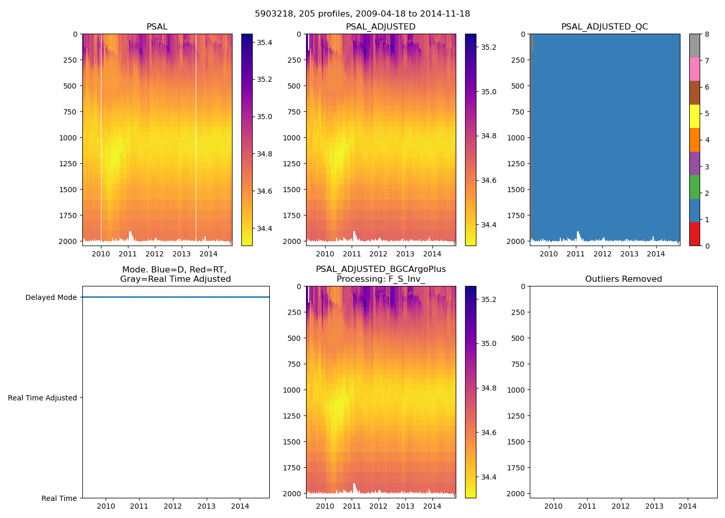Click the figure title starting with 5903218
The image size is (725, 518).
[x=363, y=14]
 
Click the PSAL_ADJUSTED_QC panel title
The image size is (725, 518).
[x=604, y=26]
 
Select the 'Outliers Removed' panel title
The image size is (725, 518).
[x=623, y=279]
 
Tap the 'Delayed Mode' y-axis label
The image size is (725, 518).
[x=51, y=297]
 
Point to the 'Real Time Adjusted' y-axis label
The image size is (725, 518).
[x=42, y=398]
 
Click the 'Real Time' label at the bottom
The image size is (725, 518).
[x=59, y=498]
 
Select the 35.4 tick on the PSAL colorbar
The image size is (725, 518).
[x=265, y=42]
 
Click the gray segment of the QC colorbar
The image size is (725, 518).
[x=694, y=46]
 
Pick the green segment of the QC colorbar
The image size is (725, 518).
[x=694, y=186]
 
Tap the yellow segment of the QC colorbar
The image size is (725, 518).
[x=694, y=116]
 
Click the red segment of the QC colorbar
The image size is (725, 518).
[x=694, y=234]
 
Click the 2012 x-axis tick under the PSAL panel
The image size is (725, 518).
[x=154, y=254]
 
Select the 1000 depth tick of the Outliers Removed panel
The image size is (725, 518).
[x=516, y=390]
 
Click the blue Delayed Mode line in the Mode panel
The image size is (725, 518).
[x=176, y=297]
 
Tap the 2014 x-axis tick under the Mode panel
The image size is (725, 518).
[x=240, y=506]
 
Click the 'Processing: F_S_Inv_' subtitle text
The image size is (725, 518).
[x=381, y=279]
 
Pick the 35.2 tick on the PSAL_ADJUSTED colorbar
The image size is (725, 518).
[x=489, y=47]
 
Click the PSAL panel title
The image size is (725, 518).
[x=157, y=26]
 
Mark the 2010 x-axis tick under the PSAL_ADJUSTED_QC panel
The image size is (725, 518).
[x=549, y=254]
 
